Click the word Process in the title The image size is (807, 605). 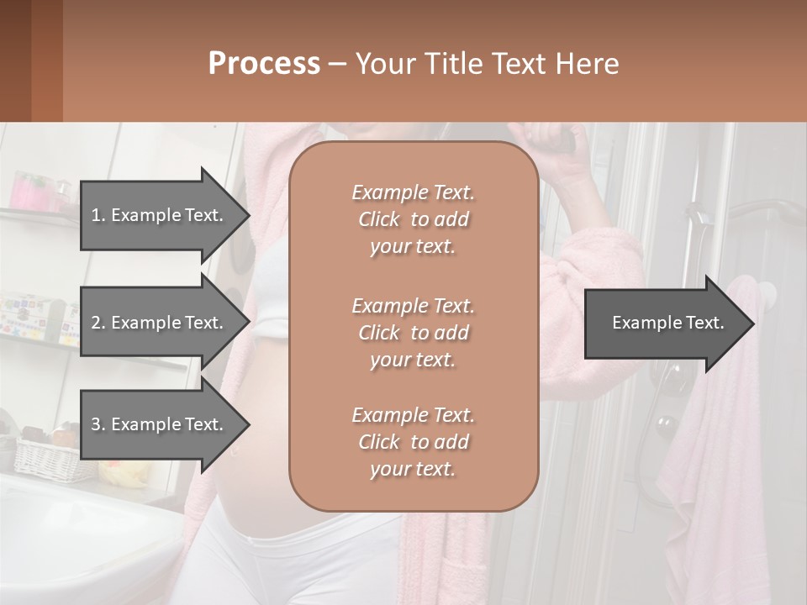point(264,64)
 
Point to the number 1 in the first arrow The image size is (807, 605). point(96,215)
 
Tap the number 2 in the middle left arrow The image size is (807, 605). point(96,323)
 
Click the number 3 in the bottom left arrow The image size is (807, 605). point(96,424)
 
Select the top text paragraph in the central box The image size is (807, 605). point(413,219)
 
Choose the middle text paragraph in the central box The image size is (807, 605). point(413,333)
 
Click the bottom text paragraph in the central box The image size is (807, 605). point(413,442)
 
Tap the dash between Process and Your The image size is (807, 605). point(337,64)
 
